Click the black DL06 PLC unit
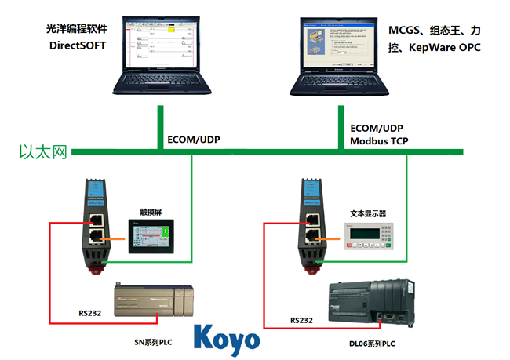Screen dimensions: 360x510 tap(370, 304)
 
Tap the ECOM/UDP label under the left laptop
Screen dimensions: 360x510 tap(194, 140)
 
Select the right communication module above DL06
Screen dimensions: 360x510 tap(308, 227)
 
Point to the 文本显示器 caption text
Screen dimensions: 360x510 tap(368, 213)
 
